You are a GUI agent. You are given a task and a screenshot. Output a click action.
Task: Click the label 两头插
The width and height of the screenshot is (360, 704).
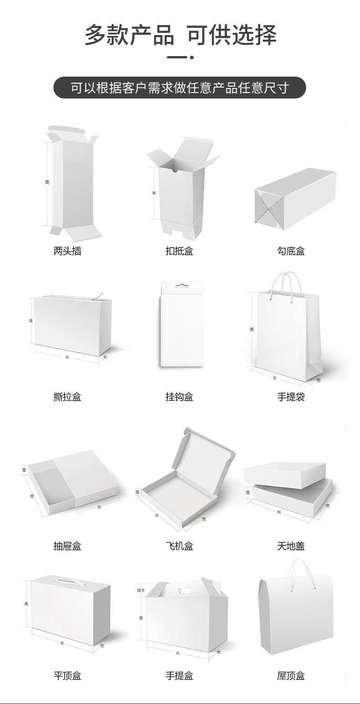click(67, 251)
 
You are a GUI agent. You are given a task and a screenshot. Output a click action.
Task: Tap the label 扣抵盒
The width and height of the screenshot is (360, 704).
click(179, 251)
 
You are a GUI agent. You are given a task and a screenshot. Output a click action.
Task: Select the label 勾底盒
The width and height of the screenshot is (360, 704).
click(291, 251)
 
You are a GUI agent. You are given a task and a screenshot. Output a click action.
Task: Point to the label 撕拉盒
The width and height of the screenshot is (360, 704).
click(67, 397)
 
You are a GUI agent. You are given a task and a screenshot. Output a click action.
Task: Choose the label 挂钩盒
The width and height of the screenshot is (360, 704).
click(179, 397)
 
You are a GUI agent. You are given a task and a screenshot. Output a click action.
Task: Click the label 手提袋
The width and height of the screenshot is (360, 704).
click(291, 397)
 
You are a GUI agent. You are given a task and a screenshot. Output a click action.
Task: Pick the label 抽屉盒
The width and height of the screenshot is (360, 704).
click(67, 546)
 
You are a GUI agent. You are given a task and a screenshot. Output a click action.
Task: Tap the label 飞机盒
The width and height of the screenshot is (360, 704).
click(179, 546)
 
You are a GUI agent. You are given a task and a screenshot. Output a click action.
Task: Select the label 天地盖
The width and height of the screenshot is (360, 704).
click(291, 546)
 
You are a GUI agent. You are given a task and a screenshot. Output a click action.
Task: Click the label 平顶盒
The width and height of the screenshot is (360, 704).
click(67, 676)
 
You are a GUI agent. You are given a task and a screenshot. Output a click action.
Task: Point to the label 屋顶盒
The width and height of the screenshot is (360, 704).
click(291, 676)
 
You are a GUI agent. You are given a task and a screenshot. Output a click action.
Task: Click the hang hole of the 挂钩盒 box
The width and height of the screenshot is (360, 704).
click(182, 287)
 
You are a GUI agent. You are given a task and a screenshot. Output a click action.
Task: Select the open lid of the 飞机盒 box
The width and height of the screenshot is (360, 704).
click(207, 456)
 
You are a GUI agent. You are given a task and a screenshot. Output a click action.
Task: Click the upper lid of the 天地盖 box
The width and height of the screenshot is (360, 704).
click(284, 474)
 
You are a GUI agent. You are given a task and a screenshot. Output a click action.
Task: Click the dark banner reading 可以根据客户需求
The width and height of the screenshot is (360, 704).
click(180, 88)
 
